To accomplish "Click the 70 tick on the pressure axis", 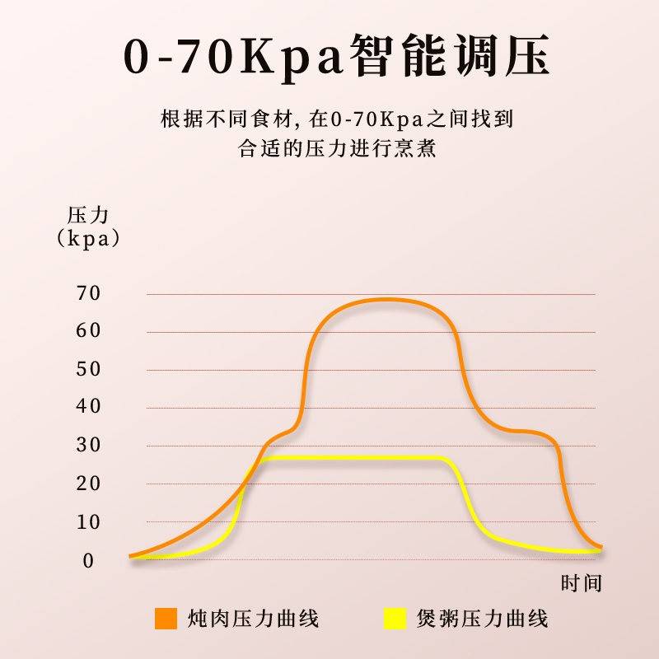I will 88,293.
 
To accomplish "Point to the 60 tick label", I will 88,331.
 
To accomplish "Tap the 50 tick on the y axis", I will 88,369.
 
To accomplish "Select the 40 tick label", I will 88,406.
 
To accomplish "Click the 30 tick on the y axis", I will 88,445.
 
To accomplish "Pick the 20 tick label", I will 88,484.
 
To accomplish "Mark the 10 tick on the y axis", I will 88,521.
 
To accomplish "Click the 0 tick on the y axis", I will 88,560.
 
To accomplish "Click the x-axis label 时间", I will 582,584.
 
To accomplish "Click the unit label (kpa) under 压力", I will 87,239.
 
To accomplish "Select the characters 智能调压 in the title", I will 448,56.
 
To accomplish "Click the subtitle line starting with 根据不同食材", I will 338,120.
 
